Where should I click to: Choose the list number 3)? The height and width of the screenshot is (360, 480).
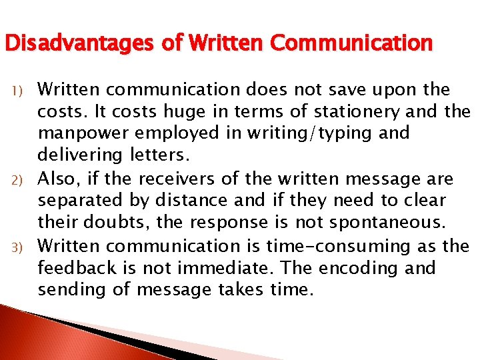19,248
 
